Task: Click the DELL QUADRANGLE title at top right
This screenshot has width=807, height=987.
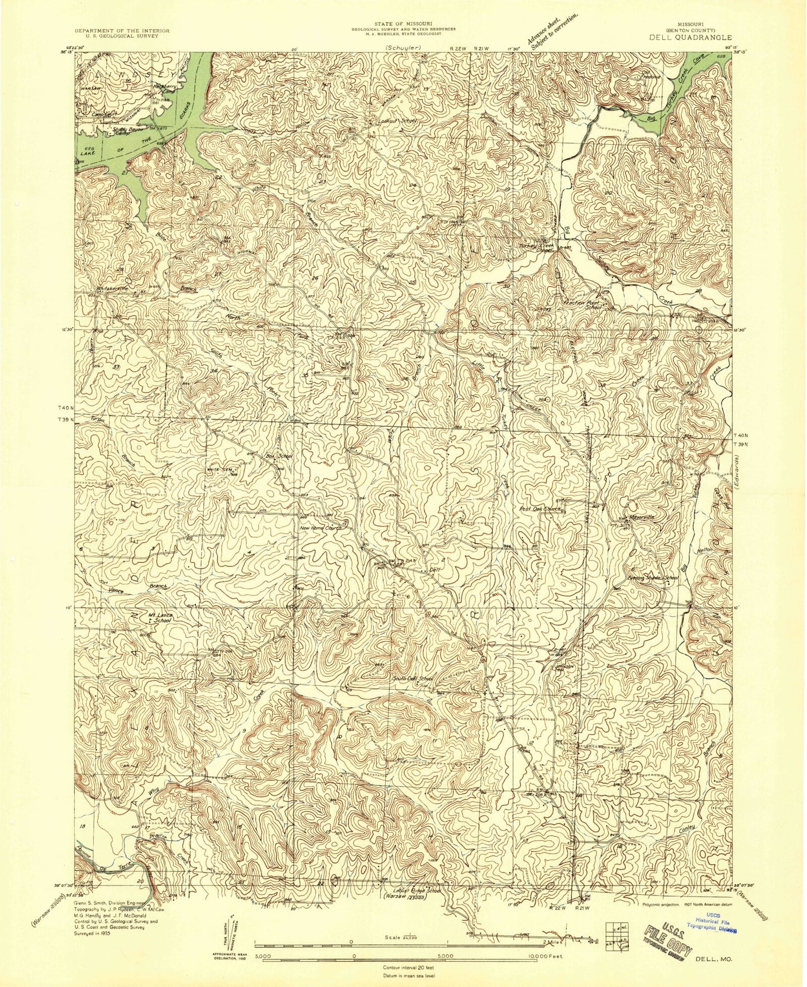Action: pos(698,37)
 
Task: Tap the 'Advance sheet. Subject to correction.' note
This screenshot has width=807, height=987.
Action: pos(551,32)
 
